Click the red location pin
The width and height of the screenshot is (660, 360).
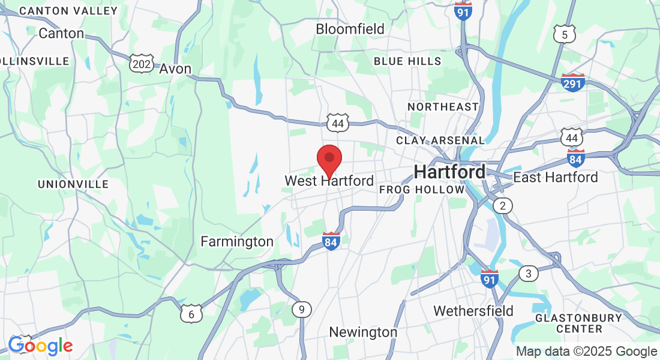point(329,159)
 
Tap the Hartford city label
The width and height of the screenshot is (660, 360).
point(449,172)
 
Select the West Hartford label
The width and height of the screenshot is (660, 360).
point(329,181)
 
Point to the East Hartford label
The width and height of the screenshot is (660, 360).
point(556,177)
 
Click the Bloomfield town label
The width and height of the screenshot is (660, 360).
point(350,29)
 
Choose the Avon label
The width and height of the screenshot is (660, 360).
point(175,69)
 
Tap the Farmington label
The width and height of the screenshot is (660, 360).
point(237,242)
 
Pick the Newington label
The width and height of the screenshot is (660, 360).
point(363,332)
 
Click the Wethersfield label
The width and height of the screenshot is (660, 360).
point(473,311)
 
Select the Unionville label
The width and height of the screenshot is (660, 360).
point(73,184)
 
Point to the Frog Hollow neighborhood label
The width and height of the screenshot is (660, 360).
point(422,190)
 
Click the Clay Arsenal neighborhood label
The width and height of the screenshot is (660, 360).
point(440,140)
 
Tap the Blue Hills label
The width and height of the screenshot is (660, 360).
point(407,61)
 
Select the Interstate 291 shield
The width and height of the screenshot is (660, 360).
point(573,83)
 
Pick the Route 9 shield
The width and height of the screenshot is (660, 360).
point(302,310)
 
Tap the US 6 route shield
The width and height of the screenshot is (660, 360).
point(191,313)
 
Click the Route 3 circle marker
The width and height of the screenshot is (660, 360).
point(528,274)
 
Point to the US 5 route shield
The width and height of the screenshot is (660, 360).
point(565,34)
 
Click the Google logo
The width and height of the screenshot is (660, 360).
point(40,346)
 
